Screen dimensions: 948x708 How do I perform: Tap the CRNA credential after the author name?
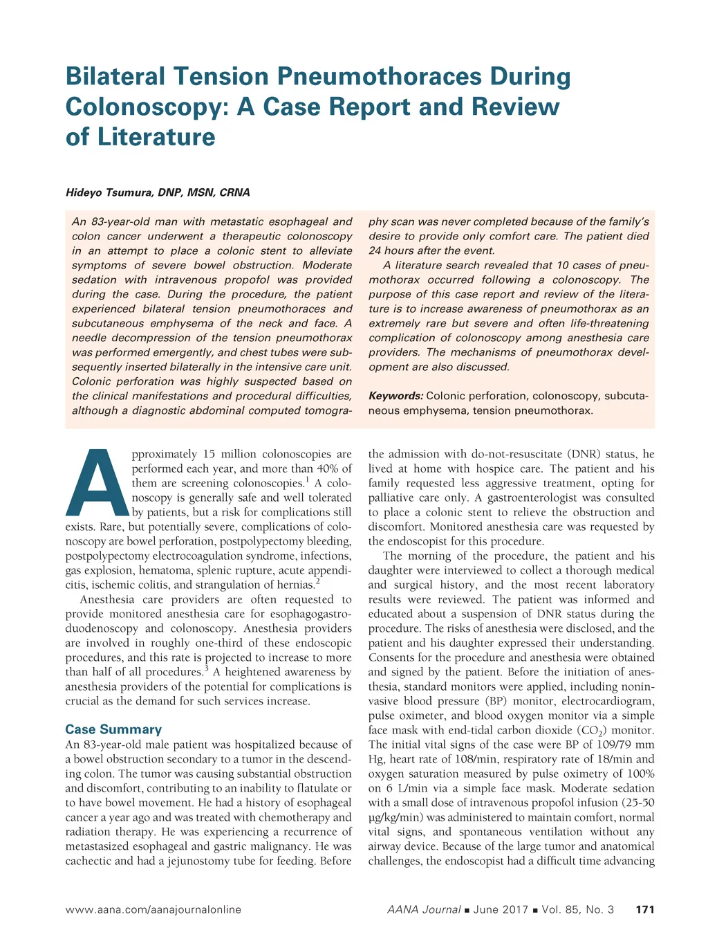point(234,192)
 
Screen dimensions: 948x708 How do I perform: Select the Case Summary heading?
point(113,729)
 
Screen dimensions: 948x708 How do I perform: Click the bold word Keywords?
point(395,396)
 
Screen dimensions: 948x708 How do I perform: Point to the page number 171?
point(644,909)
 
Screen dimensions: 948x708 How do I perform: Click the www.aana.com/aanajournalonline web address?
point(153,909)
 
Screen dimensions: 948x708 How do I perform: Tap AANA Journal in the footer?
point(424,909)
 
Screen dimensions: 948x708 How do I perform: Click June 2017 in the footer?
point(501,909)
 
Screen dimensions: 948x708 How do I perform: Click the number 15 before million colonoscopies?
point(209,454)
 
